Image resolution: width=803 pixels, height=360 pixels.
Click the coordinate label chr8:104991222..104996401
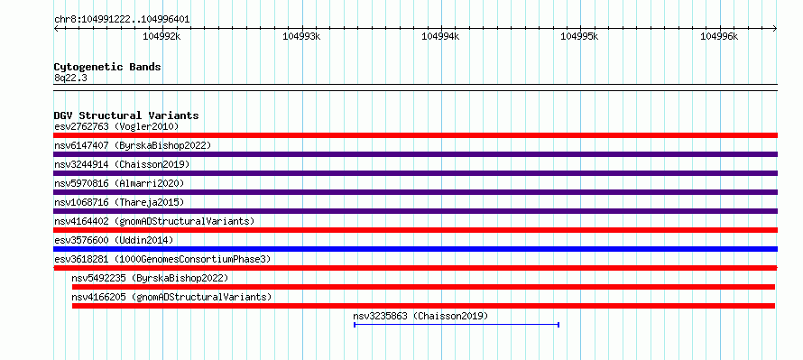[122, 20]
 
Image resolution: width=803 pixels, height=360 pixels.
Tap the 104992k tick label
[162, 36]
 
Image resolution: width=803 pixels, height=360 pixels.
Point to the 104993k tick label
[301, 36]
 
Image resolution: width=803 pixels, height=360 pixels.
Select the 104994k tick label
[440, 36]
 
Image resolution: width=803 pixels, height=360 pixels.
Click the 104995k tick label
[580, 36]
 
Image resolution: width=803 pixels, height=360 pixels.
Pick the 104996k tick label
[719, 36]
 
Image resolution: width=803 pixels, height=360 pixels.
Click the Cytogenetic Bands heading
[107, 67]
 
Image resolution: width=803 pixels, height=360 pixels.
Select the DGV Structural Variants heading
[126, 115]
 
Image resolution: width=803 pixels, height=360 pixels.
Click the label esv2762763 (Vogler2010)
[116, 126]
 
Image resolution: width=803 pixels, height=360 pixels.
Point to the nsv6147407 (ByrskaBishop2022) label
[133, 145]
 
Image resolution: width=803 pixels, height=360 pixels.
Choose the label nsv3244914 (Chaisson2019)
[122, 164]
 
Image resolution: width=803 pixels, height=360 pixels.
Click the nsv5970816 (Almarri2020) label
[119, 183]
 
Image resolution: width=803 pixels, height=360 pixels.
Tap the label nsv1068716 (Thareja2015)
[119, 202]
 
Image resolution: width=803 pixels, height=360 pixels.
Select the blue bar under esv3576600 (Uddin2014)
[415, 249]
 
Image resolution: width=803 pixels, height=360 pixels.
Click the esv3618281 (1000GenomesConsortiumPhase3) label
[162, 259]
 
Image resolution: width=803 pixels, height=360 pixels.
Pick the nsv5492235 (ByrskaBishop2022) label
[150, 278]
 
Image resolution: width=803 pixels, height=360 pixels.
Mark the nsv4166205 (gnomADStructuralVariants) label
[171, 297]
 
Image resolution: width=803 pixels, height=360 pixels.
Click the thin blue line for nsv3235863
[457, 325]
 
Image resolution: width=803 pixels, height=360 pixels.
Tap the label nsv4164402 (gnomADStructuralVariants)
[154, 221]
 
